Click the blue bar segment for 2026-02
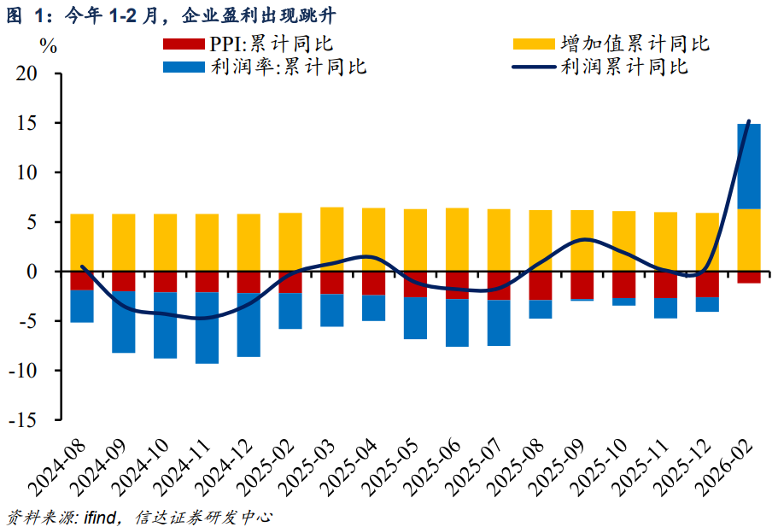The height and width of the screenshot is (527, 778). pyautogui.click(x=749, y=166)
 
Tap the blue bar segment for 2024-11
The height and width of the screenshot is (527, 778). pyautogui.click(x=208, y=328)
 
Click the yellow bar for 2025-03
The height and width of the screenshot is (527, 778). pyautogui.click(x=332, y=239)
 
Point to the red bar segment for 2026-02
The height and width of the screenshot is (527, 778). pyautogui.click(x=749, y=278)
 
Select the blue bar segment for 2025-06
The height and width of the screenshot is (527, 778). pyautogui.click(x=458, y=323)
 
